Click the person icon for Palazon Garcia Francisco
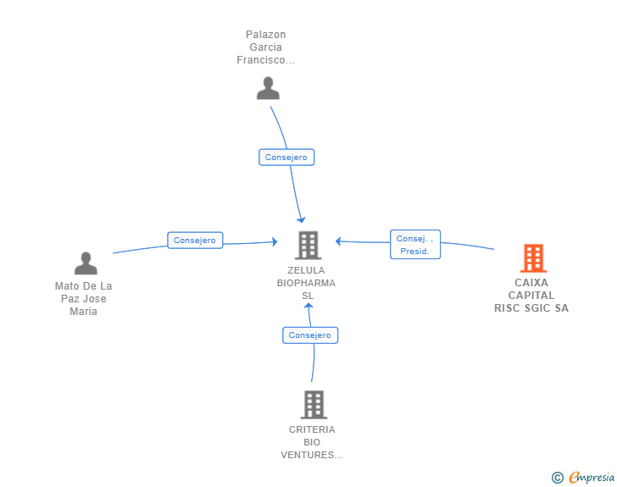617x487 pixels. pos(268,88)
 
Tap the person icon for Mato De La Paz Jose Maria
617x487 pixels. pos(86,263)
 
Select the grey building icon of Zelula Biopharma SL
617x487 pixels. pos(306,245)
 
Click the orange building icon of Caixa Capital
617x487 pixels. pos(532,257)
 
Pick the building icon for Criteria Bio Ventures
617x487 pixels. pos(314,404)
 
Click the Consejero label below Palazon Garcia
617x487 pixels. pos(286,157)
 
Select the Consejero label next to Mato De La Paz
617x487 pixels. pos(195,241)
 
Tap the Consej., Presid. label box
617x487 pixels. pos(414,245)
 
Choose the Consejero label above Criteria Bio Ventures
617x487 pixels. pos(310,335)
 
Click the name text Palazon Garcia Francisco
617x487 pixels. pos(265,47)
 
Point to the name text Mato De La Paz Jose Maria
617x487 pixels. pos(83,299)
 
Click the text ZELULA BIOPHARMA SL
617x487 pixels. pos(307,283)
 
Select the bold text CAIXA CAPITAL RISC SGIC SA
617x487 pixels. pos(531,296)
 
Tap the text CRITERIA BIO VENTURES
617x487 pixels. pos(312,442)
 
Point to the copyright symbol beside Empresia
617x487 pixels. pos(557,478)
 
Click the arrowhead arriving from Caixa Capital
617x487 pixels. pos(338,241)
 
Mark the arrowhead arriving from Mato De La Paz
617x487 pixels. pos(274,242)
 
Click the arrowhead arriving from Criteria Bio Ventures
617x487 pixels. pos(308,306)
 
